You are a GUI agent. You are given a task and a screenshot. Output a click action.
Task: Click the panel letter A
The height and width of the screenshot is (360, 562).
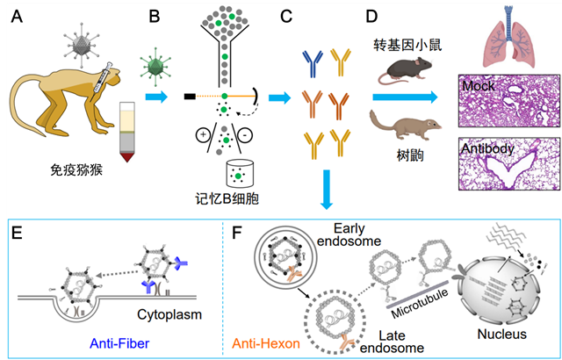[x=14, y=16]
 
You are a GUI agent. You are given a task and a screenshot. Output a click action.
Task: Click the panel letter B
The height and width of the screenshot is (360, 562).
[x=155, y=15]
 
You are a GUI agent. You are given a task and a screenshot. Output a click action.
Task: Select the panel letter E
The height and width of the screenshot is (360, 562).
[x=16, y=235]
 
